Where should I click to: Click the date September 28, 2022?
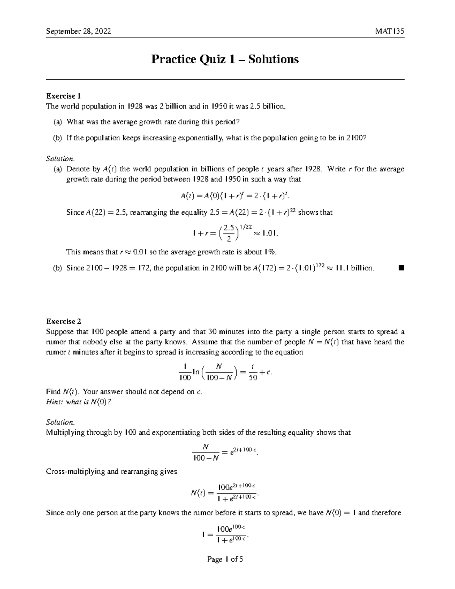[78, 31]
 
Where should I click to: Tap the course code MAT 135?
[389, 31]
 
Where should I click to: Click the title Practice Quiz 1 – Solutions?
[225, 59]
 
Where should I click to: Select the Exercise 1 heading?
[63, 96]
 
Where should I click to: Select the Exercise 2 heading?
[63, 322]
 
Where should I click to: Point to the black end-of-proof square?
[402, 268]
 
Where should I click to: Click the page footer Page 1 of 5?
[225, 559]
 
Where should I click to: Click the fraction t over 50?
[253, 372]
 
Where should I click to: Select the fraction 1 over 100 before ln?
[185, 372]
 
